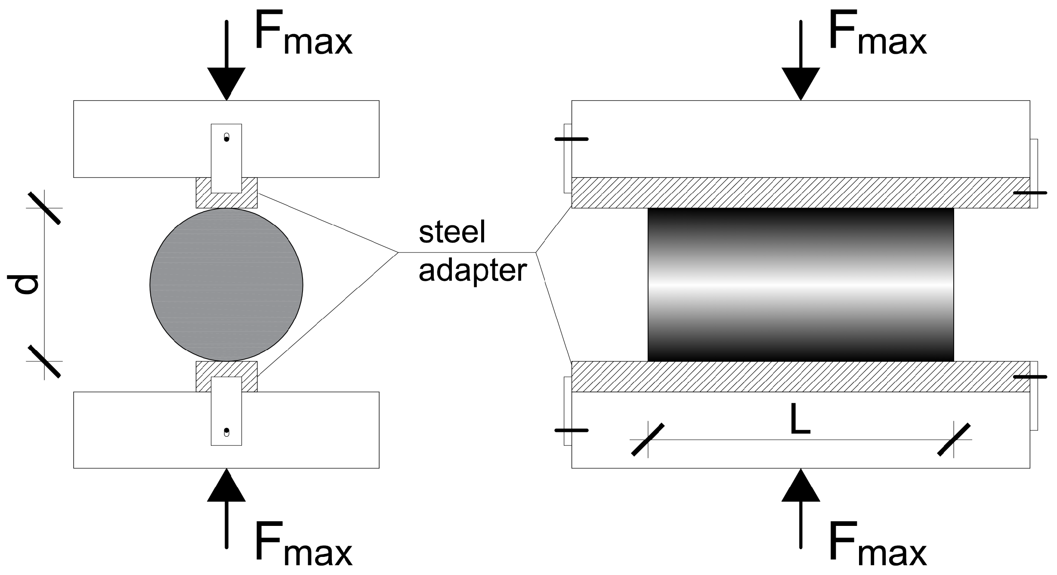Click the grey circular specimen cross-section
pos(226,285)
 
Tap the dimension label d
pos(24,285)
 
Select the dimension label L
pos(800,418)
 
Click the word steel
pos(452,233)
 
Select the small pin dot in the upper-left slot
pos(226,139)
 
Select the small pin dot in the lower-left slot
pos(226,430)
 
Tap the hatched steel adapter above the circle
pos(226,200)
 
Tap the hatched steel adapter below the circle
pos(226,369)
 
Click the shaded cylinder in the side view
pos(800,285)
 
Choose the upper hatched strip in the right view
pos(800,193)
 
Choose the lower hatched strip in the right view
pos(800,376)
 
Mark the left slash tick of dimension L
pos(648,439)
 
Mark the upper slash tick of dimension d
pos(44,208)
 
